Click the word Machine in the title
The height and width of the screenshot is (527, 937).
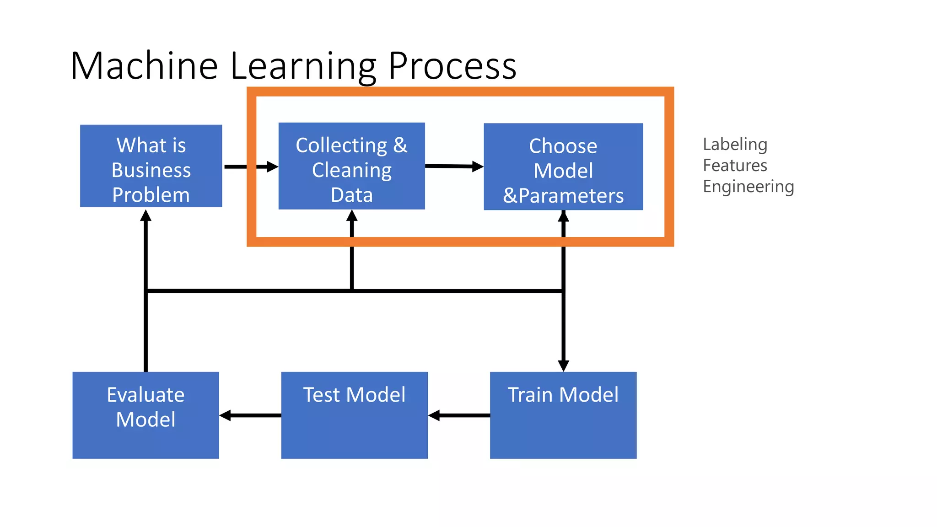pyautogui.click(x=144, y=66)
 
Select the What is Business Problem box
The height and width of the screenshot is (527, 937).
pyautogui.click(x=151, y=166)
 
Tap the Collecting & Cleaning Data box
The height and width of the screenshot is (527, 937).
pyautogui.click(x=351, y=166)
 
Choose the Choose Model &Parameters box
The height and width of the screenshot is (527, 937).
pyautogui.click(x=563, y=167)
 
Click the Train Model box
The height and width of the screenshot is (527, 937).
pyautogui.click(x=563, y=415)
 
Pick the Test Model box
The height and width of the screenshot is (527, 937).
pyautogui.click(x=354, y=415)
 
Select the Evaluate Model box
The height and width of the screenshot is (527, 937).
pyautogui.click(x=145, y=415)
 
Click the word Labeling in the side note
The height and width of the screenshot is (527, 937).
pyautogui.click(x=735, y=145)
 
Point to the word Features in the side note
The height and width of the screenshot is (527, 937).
pyautogui.click(x=735, y=166)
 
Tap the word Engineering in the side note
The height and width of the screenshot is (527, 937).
pyautogui.click(x=748, y=187)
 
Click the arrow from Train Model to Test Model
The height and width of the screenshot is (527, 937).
pyautogui.click(x=459, y=415)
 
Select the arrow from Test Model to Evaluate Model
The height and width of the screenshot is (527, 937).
pyautogui.click(x=250, y=415)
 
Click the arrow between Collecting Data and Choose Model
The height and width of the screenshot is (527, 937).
pyautogui.click(x=454, y=166)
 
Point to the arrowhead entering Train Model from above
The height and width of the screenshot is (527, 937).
pyautogui.click(x=563, y=365)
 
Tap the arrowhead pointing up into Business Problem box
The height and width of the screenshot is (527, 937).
pyautogui.click(x=145, y=216)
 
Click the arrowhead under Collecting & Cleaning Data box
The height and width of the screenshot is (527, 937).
pyautogui.click(x=351, y=216)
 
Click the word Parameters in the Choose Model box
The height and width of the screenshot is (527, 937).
pyautogui.click(x=571, y=196)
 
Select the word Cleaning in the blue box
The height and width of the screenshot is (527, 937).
pyautogui.click(x=351, y=170)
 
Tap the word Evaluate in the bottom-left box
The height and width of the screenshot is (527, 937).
pyautogui.click(x=145, y=395)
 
